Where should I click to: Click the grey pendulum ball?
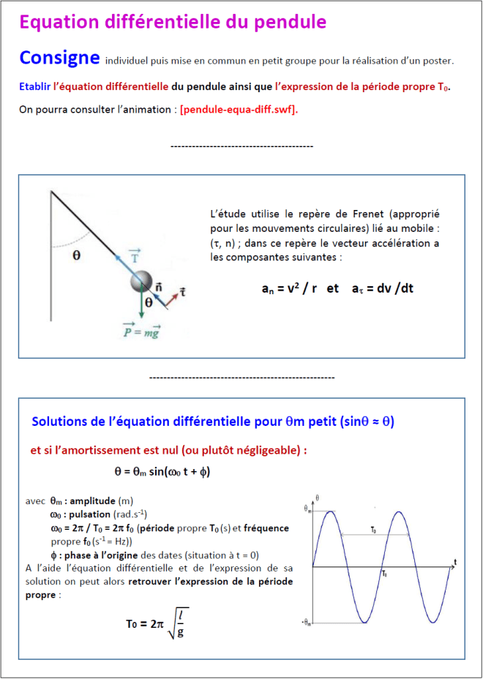[x=141, y=282]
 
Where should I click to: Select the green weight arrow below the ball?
[x=141, y=305]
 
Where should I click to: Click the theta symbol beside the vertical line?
[x=77, y=256]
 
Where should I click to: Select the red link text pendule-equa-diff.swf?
[x=239, y=110]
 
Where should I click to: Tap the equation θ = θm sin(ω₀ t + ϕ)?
[x=162, y=473]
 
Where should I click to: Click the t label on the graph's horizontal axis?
[x=454, y=562]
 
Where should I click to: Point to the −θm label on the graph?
[x=307, y=623]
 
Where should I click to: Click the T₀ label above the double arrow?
[x=373, y=528]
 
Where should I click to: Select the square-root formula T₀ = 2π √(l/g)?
[x=154, y=623]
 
